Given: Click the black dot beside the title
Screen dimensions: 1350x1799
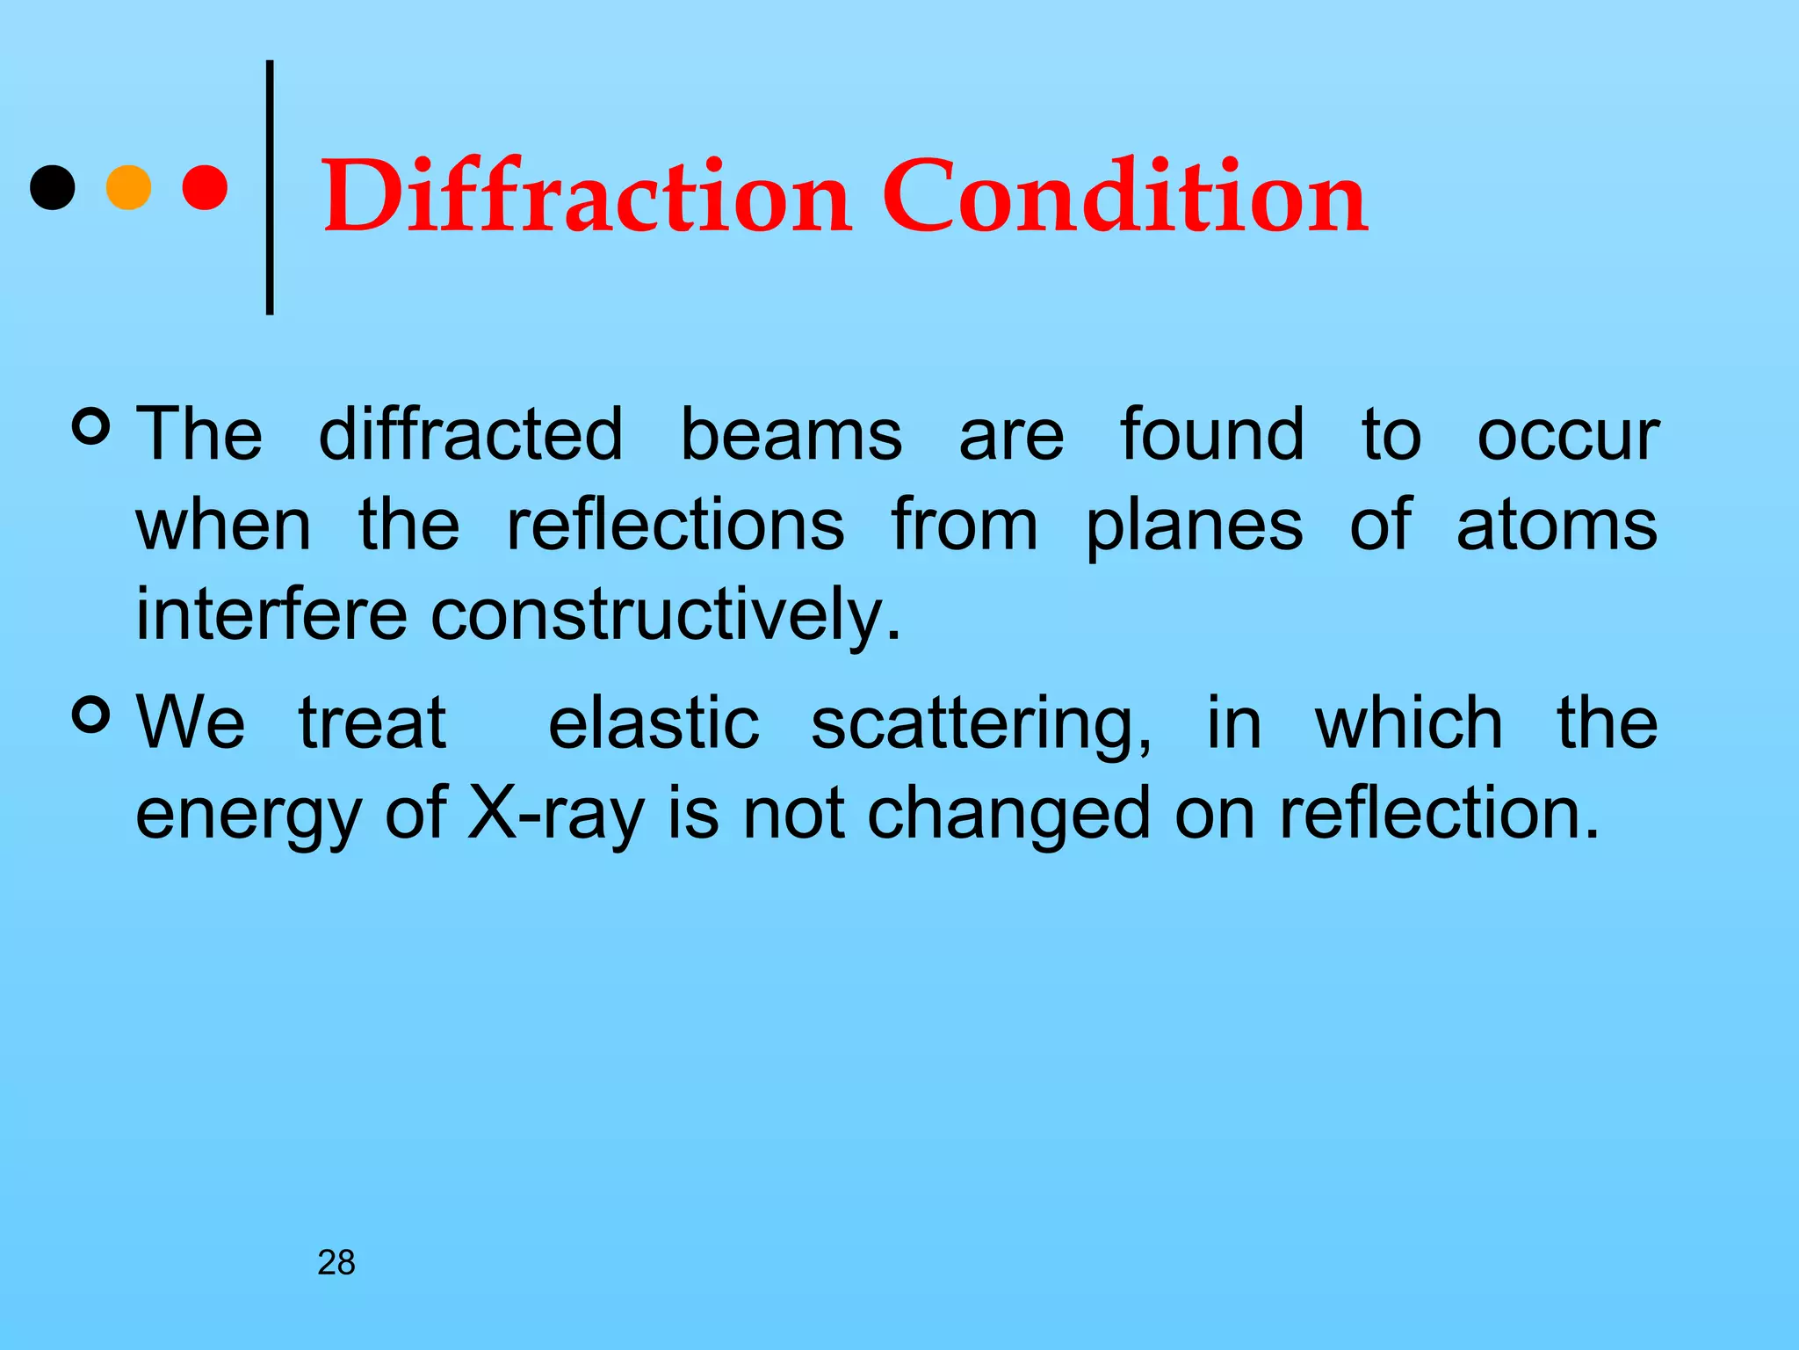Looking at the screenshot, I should [53, 187].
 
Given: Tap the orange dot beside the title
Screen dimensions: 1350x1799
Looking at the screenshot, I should [128, 187].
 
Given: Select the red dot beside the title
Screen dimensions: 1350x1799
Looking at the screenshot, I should [206, 187].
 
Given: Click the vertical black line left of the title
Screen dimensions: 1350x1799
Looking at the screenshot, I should [270, 187].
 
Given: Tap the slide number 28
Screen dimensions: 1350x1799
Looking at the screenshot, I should [336, 1263].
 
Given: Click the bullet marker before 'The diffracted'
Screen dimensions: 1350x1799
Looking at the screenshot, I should [91, 426].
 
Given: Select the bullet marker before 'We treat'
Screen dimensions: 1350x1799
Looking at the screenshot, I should [91, 715].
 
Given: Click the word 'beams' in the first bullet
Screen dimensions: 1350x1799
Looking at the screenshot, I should [791, 434].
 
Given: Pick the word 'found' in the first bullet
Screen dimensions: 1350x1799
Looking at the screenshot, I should [1212, 434].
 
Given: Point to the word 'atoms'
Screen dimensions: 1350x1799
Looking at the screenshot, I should [1557, 526].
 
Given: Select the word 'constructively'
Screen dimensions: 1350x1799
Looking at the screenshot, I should [665, 614].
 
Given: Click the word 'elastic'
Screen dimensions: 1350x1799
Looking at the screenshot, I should [654, 722].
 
